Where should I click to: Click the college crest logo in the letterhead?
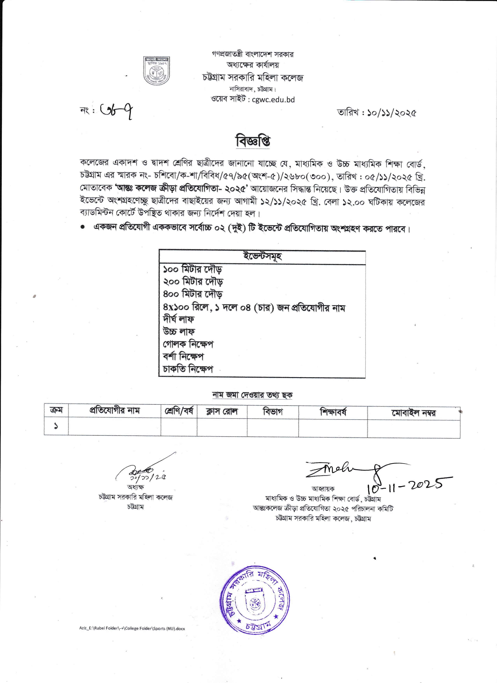156,71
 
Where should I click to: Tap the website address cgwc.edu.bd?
273,100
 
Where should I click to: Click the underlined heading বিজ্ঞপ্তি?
253,141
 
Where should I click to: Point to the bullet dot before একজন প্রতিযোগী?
82,228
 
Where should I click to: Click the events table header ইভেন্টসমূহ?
262,257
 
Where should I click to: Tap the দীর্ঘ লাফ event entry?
179,319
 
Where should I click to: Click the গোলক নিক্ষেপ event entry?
188,344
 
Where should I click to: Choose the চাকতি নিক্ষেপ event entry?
188,369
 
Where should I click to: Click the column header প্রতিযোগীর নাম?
115,411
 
